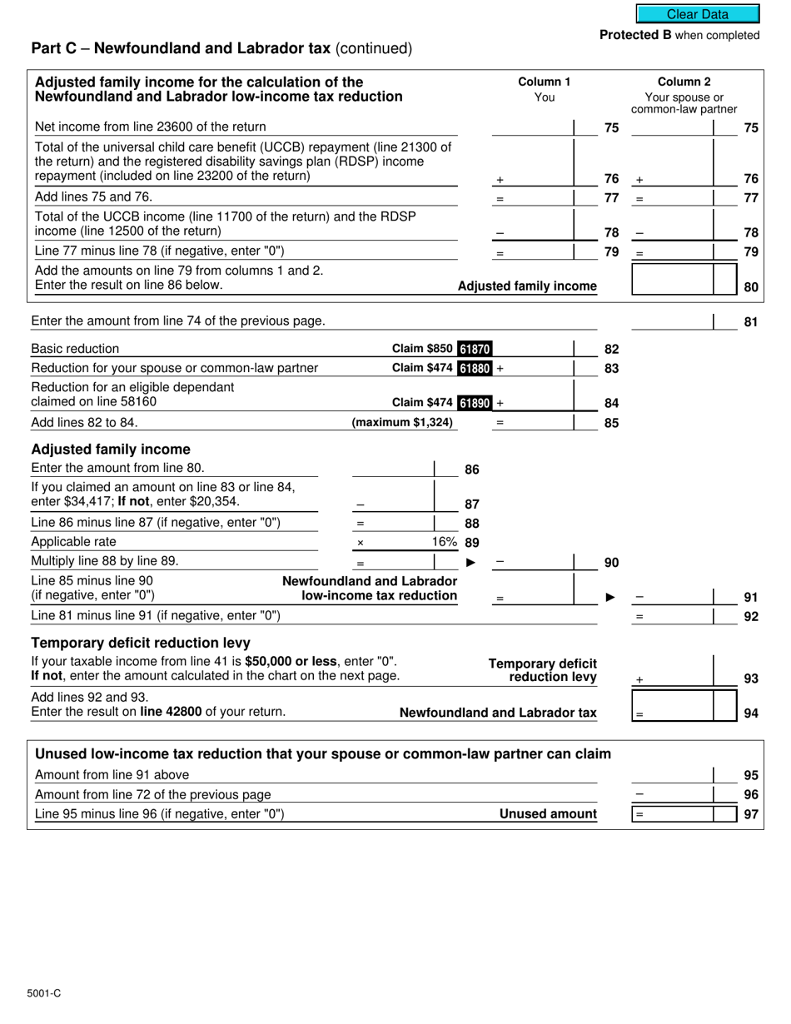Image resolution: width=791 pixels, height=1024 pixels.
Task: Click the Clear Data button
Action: click(x=698, y=14)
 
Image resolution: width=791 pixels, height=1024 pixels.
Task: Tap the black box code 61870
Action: click(x=475, y=349)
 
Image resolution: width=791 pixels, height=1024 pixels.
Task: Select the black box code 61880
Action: click(x=475, y=368)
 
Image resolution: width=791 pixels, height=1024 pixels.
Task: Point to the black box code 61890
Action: click(x=475, y=403)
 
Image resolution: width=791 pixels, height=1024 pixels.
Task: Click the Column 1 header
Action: click(x=544, y=82)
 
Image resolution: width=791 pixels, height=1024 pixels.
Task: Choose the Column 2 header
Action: click(x=684, y=82)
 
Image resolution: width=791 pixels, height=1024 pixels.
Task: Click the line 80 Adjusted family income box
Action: click(x=673, y=280)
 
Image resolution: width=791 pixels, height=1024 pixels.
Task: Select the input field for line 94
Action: click(x=673, y=706)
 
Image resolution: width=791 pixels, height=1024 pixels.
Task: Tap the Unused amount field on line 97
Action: click(x=673, y=814)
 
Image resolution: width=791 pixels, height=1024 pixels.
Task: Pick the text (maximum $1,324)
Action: click(x=403, y=422)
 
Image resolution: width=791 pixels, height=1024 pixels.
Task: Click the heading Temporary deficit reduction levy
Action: click(x=140, y=643)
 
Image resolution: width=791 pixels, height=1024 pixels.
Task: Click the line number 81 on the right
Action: click(x=750, y=321)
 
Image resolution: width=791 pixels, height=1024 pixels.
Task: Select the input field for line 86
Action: click(x=392, y=468)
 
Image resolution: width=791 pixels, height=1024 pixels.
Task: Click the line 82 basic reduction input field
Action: click(x=533, y=349)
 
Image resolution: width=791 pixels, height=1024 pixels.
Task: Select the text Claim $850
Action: click(x=423, y=349)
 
